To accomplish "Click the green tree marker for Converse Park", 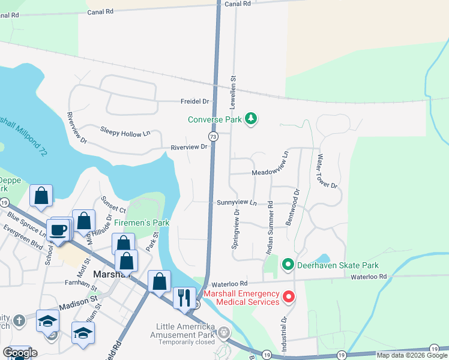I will click(x=251, y=119).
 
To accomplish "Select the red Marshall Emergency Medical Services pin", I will click(x=289, y=297).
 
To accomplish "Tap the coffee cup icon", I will click(x=59, y=230).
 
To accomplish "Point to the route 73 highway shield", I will click(x=214, y=137).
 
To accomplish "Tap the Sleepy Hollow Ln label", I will click(x=125, y=133).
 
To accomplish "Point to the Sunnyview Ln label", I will click(x=237, y=203).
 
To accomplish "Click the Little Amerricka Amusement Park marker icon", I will click(x=224, y=332).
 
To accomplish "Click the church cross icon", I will click(x=19, y=320).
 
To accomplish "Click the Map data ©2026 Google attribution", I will click(x=411, y=355).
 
